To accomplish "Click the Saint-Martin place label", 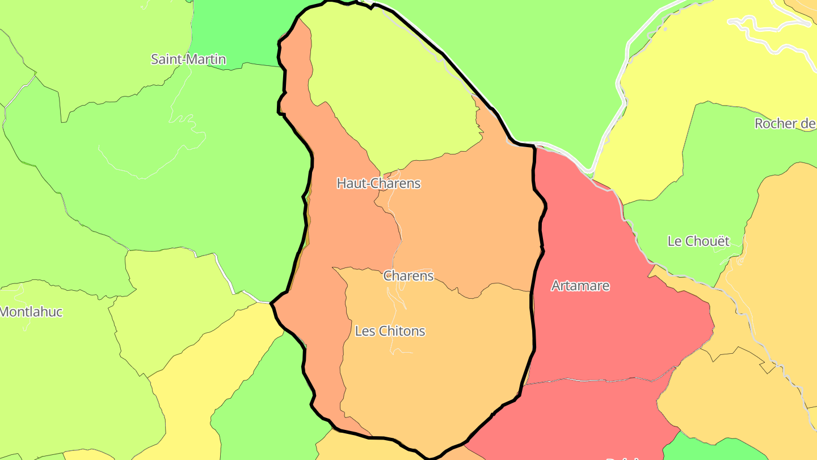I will click(x=188, y=59).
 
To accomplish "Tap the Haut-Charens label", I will click(x=378, y=183).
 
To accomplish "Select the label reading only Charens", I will click(x=408, y=276).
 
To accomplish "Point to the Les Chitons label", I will click(x=390, y=331).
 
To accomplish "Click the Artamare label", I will click(x=580, y=286).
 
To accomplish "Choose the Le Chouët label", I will click(x=698, y=241).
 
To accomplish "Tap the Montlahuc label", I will click(x=31, y=312).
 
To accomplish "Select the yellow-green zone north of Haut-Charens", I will click(x=386, y=85).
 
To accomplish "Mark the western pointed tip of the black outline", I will click(x=272, y=303).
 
